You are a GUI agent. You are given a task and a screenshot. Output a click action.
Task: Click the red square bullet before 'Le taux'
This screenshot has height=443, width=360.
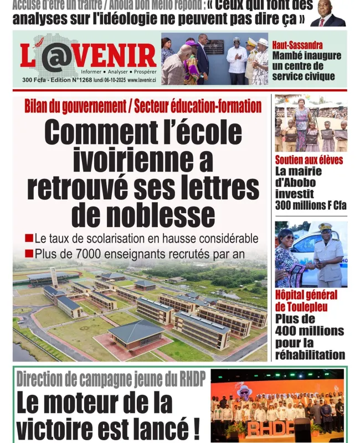pyautogui.click(x=29, y=239)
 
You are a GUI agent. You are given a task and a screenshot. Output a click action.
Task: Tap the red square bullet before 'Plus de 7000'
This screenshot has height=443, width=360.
pyautogui.click(x=29, y=254)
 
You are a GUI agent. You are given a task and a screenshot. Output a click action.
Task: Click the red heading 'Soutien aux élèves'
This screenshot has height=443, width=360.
pyautogui.click(x=308, y=160)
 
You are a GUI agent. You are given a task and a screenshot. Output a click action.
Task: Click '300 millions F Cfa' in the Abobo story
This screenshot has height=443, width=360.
pyautogui.click(x=310, y=205)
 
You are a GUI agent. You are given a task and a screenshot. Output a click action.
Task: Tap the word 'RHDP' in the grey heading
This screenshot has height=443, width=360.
pyautogui.click(x=184, y=379)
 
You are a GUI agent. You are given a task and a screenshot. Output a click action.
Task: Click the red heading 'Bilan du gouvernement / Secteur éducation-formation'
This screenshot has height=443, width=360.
pyautogui.click(x=143, y=106)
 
